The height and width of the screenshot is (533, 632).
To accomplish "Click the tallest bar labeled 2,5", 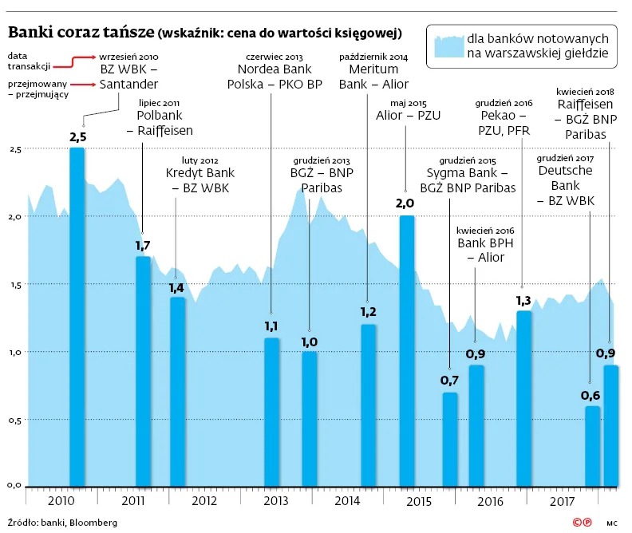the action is [77, 317].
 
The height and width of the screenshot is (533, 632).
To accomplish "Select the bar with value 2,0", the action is [407, 351].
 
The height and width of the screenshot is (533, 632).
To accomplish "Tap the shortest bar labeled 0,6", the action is [592, 446].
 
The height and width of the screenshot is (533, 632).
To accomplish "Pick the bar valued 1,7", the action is [143, 372].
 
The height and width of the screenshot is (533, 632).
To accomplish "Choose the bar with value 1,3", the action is [523, 399].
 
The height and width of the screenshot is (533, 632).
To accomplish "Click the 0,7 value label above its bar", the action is [449, 381].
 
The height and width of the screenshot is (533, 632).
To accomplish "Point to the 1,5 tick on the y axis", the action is [15, 285].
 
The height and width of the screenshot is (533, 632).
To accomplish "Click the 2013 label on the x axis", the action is [276, 501].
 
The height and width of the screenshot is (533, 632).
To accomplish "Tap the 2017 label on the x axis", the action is [562, 501].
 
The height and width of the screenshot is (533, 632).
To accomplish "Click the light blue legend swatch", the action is [449, 47].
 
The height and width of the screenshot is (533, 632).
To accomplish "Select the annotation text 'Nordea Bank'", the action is [275, 69].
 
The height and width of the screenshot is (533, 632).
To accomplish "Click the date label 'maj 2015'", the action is [409, 104].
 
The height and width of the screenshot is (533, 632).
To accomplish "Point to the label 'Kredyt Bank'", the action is [200, 173].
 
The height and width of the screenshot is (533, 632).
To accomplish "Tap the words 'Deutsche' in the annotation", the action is [566, 171].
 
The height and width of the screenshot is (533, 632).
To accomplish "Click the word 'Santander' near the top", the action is [128, 85].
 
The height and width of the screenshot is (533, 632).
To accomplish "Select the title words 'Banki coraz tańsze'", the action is [81, 32].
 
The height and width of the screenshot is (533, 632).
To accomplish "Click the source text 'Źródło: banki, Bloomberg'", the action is [62, 523].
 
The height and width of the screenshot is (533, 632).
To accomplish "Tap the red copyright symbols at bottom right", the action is [583, 523].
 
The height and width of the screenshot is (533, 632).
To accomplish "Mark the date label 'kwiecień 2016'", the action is [485, 231].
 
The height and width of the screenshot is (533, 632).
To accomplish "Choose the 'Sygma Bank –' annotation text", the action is [467, 173].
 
